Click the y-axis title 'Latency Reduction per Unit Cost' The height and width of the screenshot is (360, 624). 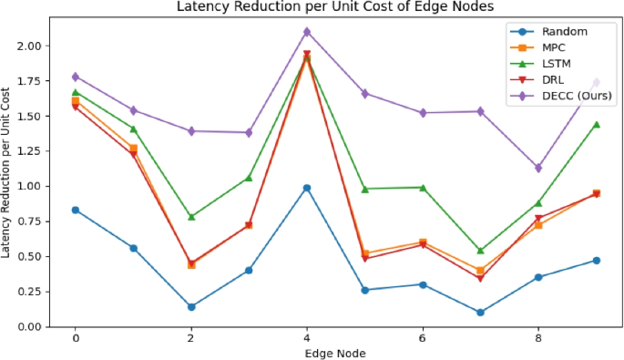tap(8, 172)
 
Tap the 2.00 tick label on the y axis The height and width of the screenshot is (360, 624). tap(28, 46)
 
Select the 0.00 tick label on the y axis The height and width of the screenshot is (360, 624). tap(28, 326)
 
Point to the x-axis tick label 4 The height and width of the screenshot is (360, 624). tap(307, 338)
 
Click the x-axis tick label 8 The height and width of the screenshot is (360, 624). tap(538, 338)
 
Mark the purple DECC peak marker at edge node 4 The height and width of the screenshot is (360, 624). tap(307, 32)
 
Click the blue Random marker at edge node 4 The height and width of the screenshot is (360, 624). tap(307, 188)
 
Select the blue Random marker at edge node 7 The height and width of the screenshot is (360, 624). tap(480, 313)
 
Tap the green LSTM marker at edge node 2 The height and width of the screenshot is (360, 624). tap(191, 217)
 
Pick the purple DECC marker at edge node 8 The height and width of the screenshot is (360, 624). tap(538, 168)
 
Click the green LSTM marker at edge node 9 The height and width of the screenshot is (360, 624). tap(597, 124)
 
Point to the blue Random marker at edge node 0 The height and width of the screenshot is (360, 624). tap(76, 210)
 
